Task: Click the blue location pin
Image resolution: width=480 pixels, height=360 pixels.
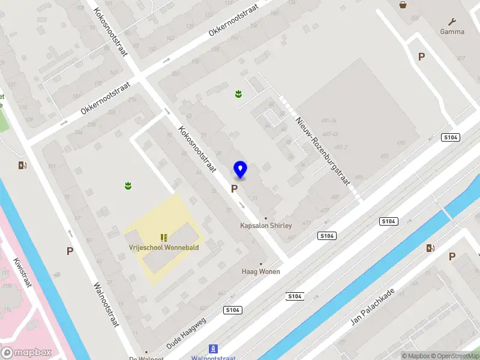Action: pos(240,170)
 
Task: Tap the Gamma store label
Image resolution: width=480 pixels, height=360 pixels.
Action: pos(452,32)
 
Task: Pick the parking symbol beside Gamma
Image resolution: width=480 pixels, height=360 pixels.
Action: pos(422,56)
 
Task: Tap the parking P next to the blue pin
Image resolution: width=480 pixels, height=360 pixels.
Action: pos(234,188)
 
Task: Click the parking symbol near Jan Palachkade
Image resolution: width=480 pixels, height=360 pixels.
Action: pos(452,256)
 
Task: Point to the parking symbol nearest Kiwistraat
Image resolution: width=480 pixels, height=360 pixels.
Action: pos(70,251)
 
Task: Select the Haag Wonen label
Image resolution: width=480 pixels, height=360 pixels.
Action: pos(261,271)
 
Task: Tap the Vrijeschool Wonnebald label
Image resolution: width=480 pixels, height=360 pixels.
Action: pos(164,247)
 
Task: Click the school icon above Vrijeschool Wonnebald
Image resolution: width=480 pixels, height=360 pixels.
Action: pos(163,237)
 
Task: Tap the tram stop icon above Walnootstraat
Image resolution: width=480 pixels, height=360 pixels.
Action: pos(212,349)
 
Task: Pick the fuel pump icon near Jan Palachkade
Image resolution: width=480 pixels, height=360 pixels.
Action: pos(430,248)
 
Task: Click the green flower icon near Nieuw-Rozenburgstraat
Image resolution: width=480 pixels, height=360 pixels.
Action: pos(238,93)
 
